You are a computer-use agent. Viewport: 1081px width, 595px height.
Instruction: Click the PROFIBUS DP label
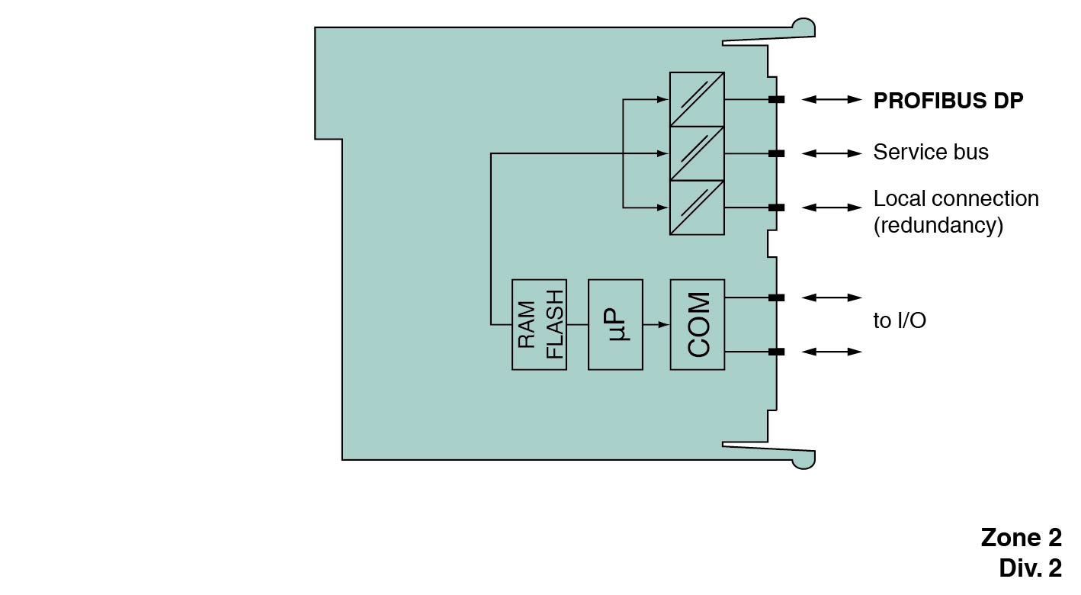click(948, 101)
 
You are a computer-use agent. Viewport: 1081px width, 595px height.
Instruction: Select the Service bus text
click(930, 153)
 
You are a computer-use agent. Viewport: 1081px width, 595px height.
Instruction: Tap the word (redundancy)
click(938, 226)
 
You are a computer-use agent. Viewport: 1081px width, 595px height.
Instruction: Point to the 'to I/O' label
click(900, 321)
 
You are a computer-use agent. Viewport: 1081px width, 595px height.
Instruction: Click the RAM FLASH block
click(539, 325)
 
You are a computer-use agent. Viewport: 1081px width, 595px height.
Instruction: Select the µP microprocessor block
click(615, 325)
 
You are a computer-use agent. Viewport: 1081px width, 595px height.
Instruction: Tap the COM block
click(698, 325)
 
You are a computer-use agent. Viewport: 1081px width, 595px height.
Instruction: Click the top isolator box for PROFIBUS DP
click(697, 99)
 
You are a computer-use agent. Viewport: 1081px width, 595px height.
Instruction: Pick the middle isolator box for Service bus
click(697, 153)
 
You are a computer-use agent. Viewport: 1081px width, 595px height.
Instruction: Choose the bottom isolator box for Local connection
click(697, 207)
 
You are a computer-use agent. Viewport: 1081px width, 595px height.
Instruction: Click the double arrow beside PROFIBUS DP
click(832, 99)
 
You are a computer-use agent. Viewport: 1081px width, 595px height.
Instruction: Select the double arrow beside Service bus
click(832, 153)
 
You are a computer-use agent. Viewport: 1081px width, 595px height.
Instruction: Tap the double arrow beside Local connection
click(832, 207)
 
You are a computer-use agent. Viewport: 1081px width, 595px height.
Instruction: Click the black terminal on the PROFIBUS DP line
click(776, 99)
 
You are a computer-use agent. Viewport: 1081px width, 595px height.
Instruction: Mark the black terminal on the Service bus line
click(776, 153)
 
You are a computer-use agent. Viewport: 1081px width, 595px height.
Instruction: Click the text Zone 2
click(1021, 538)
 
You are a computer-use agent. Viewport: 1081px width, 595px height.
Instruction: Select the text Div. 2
click(1030, 568)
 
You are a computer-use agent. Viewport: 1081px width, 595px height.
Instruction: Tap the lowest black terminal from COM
click(776, 352)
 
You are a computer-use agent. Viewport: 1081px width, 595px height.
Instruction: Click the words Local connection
click(956, 198)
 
